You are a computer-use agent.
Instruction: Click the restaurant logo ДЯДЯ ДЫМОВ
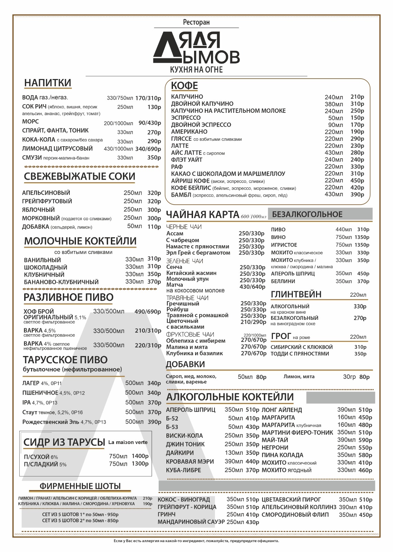(x=196, y=48)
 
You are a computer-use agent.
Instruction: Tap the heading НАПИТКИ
(x=48, y=83)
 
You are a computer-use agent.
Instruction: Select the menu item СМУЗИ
(x=32, y=158)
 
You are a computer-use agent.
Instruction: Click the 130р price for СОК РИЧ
(x=154, y=107)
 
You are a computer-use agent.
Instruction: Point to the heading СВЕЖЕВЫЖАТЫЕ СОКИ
(x=79, y=176)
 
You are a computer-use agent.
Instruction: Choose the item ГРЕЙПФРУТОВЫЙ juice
(x=47, y=201)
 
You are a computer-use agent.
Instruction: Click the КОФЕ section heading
(x=184, y=86)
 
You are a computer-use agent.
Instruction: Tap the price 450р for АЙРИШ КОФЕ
(x=357, y=180)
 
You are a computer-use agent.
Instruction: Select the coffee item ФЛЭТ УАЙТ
(x=186, y=160)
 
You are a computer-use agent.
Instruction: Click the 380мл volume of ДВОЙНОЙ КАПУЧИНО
(x=334, y=104)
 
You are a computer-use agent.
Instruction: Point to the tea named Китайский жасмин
(x=191, y=273)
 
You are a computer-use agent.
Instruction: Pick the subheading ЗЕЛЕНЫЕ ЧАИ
(x=184, y=261)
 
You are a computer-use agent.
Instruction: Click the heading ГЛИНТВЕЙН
(x=296, y=294)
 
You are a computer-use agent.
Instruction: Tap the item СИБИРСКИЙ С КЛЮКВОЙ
(x=301, y=347)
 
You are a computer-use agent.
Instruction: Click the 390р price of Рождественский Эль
(x=154, y=422)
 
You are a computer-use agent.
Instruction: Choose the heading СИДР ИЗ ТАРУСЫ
(x=64, y=442)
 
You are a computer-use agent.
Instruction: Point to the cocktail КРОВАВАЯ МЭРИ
(x=190, y=462)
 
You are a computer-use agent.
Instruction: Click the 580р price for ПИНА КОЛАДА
(x=365, y=455)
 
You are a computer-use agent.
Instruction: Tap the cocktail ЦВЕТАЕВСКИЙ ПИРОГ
(x=291, y=500)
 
